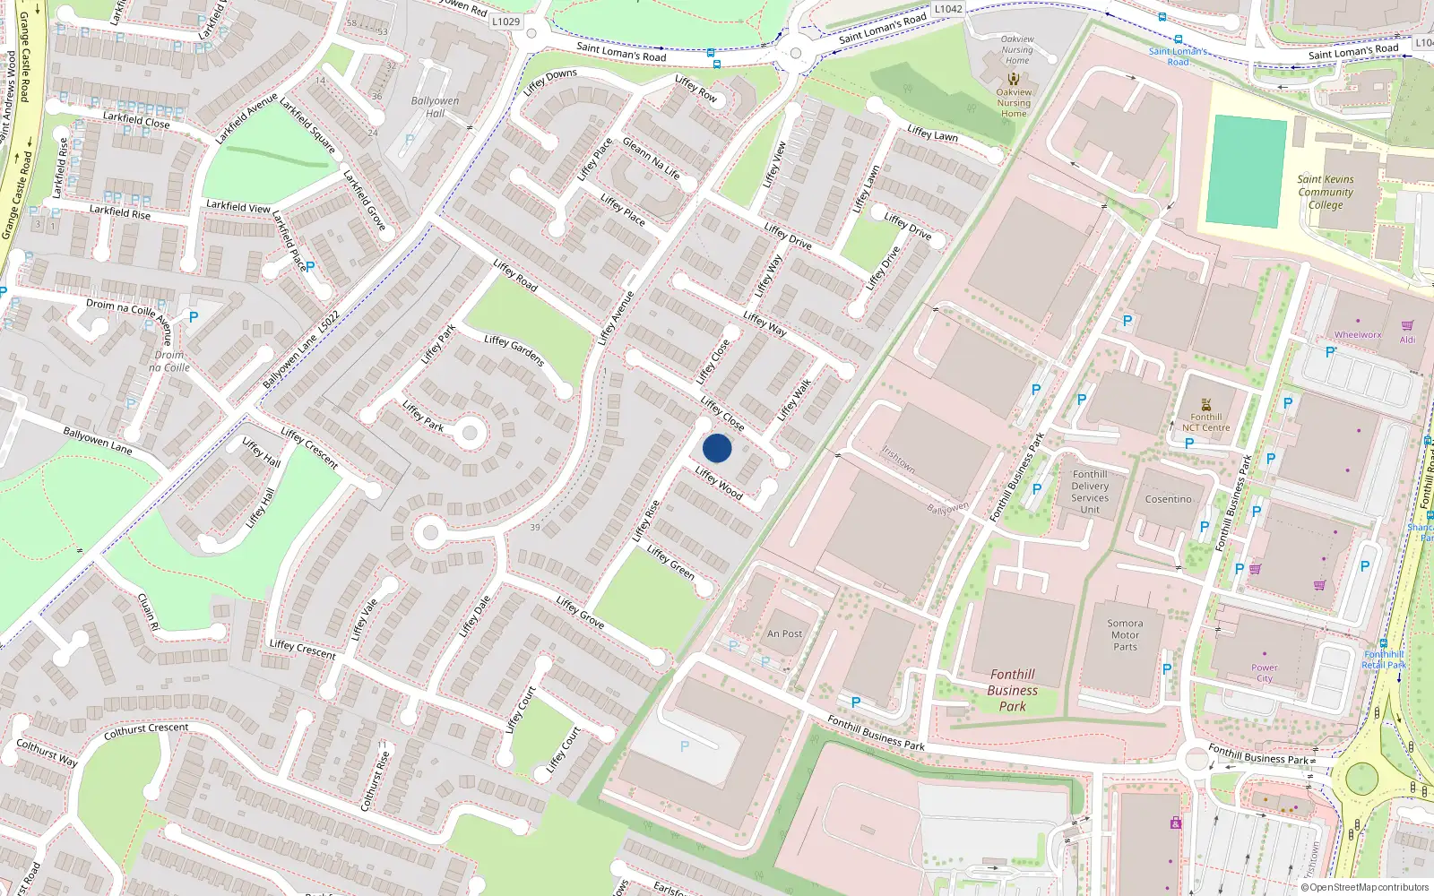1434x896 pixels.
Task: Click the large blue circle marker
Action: click(x=717, y=448)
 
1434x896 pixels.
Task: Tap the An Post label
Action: click(x=784, y=633)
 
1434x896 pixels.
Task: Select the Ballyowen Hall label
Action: click(x=435, y=107)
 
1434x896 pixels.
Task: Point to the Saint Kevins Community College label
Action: click(x=1326, y=192)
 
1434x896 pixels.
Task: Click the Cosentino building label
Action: click(x=1168, y=499)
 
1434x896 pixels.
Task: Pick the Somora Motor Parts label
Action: click(x=1125, y=634)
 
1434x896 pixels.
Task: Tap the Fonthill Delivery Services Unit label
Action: click(x=1090, y=492)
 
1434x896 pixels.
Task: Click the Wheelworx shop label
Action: click(x=1357, y=335)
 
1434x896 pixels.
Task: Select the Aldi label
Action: click(x=1407, y=340)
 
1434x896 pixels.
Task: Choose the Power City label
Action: click(x=1265, y=672)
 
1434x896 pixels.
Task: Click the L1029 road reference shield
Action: click(x=505, y=22)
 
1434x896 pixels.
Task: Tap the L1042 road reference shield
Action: click(x=947, y=9)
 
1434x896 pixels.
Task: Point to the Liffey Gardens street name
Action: click(x=514, y=350)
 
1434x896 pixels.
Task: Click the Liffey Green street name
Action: click(x=670, y=562)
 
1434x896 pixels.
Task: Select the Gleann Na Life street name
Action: click(x=652, y=159)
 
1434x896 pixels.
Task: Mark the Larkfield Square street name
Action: click(x=307, y=125)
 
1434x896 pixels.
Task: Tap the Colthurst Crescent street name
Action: click(x=146, y=731)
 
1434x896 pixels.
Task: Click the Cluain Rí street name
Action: click(x=148, y=611)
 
